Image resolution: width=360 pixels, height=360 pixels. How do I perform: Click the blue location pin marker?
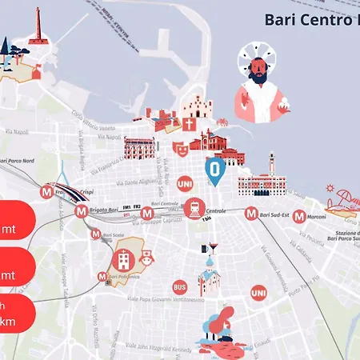click(214, 170)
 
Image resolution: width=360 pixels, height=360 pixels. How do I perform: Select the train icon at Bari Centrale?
click(193, 209)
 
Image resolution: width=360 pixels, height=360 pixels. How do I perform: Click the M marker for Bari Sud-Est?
click(251, 214)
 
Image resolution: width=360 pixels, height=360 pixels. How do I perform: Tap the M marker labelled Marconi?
click(298, 215)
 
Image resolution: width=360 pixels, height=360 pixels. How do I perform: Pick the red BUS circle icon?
click(180, 286)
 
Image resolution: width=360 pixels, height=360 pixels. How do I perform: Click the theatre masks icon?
click(181, 147)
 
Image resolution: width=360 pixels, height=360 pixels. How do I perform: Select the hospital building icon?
click(123, 258)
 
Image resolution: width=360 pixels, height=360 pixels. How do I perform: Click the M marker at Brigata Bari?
click(82, 212)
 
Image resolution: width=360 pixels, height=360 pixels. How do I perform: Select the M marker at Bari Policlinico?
click(102, 276)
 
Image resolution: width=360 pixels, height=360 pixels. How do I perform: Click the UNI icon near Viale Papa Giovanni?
click(258, 294)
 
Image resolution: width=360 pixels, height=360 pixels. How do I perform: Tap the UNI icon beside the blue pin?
click(184, 183)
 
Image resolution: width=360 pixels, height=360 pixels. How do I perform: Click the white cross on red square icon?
click(189, 125)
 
